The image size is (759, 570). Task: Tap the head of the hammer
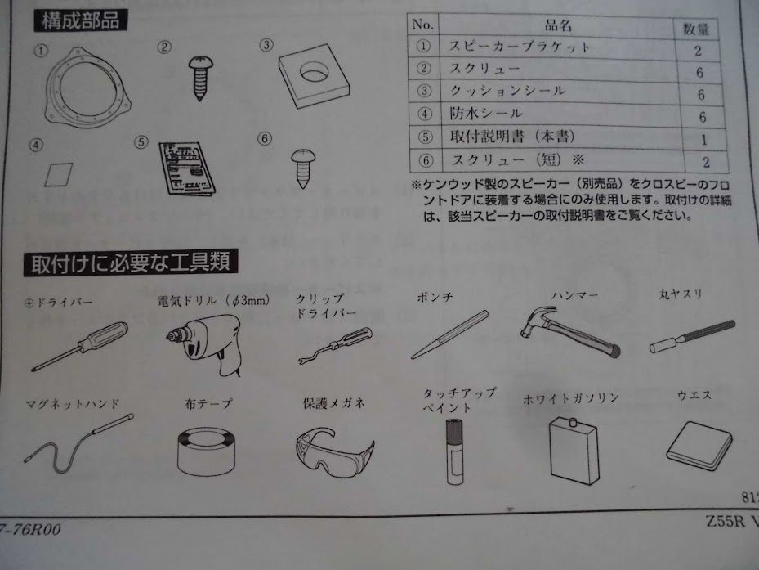535,321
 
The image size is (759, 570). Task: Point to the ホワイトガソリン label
570,398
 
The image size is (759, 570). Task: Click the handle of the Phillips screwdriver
107,332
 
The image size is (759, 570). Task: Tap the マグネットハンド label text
73,404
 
